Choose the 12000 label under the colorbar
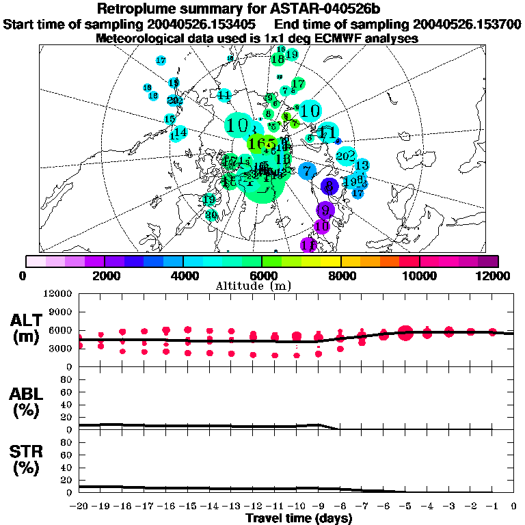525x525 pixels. coord(497,275)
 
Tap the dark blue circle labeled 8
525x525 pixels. coord(330,185)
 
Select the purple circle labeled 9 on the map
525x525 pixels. coord(325,210)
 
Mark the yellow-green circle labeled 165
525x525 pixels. coord(262,144)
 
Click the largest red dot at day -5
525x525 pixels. coord(405,333)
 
